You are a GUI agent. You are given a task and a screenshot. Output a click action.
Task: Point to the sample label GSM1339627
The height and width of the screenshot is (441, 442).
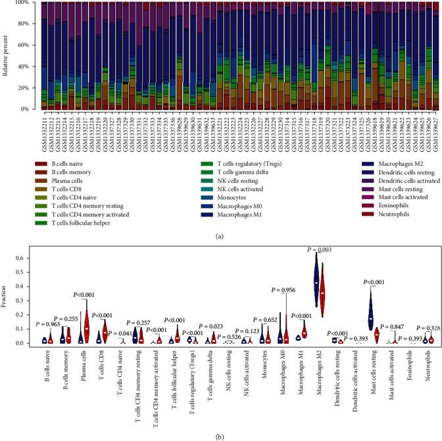(436, 131)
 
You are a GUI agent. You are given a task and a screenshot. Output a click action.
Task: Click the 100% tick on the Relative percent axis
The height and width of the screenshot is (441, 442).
(22, 3)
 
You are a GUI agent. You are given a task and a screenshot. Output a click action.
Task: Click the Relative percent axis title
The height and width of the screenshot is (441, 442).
(6, 56)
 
